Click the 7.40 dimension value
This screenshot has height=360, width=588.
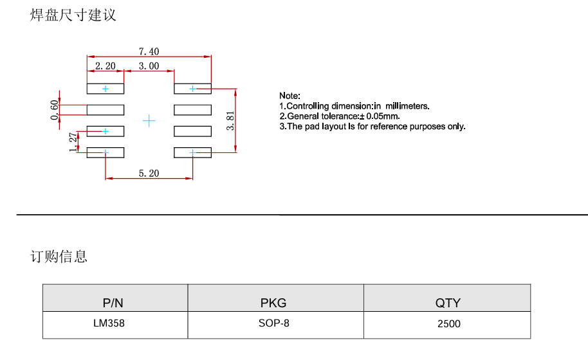[149, 51]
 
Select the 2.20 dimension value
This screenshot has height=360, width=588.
[106, 66]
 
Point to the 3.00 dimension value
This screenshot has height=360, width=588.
[149, 66]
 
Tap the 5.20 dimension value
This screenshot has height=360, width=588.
[149, 174]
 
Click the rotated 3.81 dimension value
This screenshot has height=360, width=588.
[230, 121]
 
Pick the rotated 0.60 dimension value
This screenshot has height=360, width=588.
[55, 110]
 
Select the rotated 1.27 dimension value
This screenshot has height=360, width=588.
[73, 142]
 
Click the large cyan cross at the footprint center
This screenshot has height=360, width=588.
[149, 121]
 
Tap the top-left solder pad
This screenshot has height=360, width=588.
[106, 89]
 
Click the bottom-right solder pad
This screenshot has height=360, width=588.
[193, 152]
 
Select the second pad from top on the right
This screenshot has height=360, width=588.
[193, 110]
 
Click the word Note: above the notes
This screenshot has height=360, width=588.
[289, 96]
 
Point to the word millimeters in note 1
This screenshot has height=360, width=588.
[407, 106]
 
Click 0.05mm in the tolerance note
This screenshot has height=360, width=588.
[383, 116]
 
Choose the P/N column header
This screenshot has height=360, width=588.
[113, 303]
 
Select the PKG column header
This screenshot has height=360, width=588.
[273, 303]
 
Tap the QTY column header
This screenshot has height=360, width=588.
[448, 303]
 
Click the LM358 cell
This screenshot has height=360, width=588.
[109, 323]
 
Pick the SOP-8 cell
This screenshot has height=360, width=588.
[274, 323]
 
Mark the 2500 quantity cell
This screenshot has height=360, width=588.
[449, 323]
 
